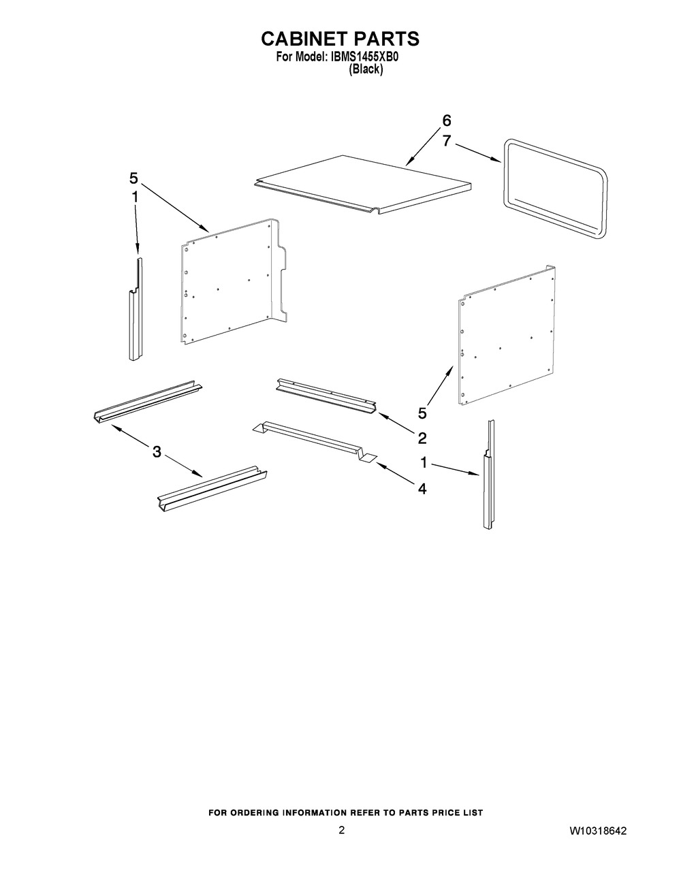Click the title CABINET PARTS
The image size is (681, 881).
click(x=340, y=39)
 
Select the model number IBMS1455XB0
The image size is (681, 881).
click(x=364, y=57)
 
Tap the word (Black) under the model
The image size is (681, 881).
click(x=366, y=69)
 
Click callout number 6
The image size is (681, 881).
click(x=446, y=121)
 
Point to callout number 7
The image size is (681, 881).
click(x=446, y=141)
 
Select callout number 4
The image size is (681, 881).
click(x=422, y=489)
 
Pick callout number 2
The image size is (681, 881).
click(x=422, y=438)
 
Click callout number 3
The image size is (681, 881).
click(x=157, y=451)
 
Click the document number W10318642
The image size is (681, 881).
click(x=598, y=831)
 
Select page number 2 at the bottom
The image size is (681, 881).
click(x=342, y=830)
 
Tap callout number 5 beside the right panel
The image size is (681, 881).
click(x=422, y=413)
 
